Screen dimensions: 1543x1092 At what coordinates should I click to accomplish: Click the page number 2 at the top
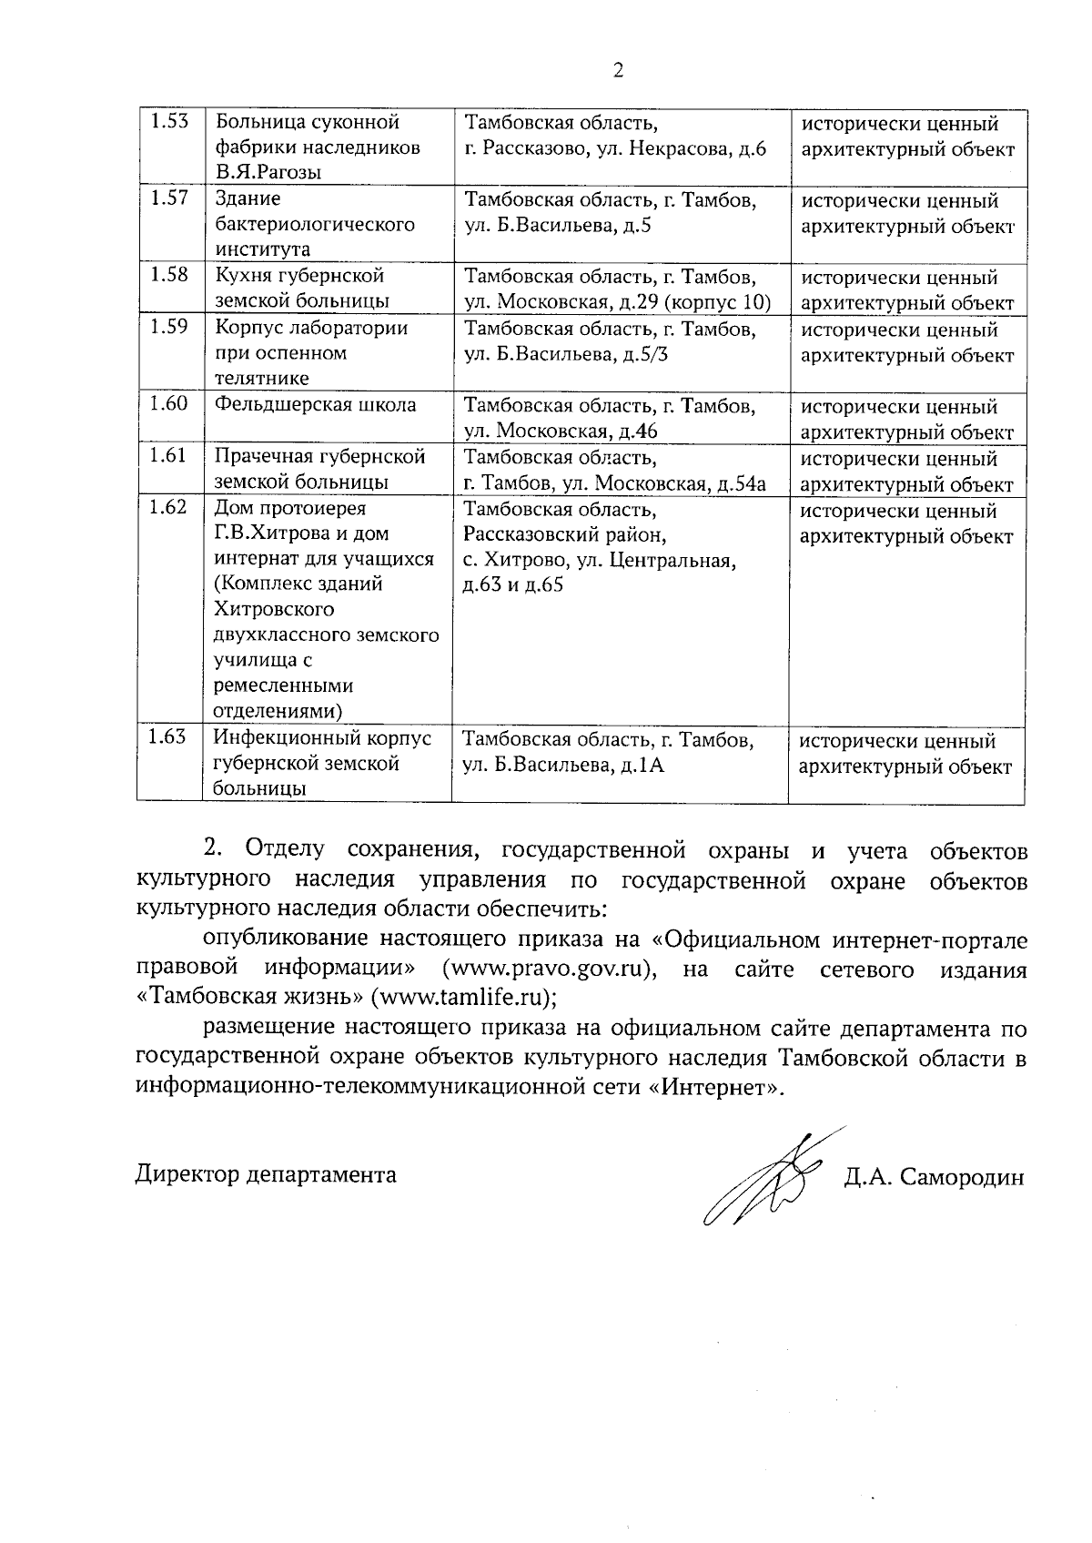(x=618, y=70)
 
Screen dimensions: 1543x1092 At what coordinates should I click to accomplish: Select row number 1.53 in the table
(x=169, y=122)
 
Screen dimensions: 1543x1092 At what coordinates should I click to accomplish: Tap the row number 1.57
(x=169, y=198)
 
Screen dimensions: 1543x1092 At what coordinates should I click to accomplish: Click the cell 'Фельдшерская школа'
(x=315, y=405)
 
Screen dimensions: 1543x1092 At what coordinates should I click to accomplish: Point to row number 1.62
(x=169, y=508)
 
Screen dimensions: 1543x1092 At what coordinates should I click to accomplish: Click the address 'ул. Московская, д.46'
(x=561, y=431)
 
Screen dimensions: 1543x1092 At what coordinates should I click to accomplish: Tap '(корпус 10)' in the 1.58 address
(x=720, y=302)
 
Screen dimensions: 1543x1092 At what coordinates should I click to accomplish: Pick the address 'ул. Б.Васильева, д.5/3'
(x=566, y=354)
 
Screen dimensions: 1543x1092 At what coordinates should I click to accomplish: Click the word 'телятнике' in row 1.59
(x=261, y=378)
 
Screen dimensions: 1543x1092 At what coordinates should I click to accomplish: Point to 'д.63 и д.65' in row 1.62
(x=513, y=584)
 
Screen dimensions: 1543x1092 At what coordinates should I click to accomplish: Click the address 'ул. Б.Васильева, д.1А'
(x=564, y=765)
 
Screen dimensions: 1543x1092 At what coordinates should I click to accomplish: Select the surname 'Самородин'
(x=962, y=1177)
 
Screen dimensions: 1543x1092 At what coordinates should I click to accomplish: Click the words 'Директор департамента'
(x=266, y=1174)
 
